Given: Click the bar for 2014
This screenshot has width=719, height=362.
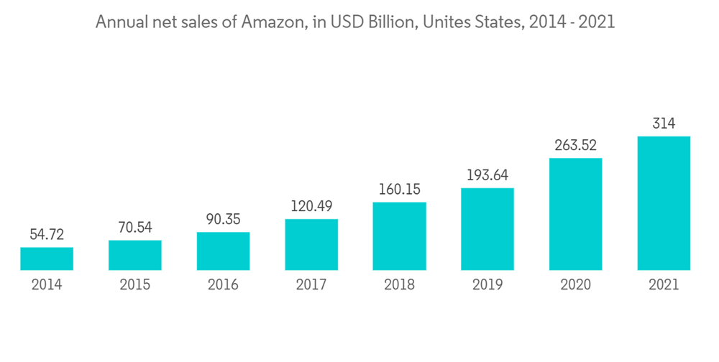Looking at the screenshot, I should tap(47, 259).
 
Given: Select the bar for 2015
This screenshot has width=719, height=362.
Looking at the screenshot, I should tap(135, 255).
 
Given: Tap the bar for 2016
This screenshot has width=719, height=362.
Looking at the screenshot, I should tap(223, 251).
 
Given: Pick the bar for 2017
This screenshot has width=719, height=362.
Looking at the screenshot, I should tap(311, 244).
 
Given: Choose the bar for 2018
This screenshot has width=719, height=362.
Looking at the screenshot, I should tap(399, 236).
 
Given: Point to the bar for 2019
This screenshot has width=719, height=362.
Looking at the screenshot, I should tap(487, 229).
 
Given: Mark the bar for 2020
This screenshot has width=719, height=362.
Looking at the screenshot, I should tap(575, 214).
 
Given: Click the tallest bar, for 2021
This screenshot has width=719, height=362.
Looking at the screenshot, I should tap(664, 203).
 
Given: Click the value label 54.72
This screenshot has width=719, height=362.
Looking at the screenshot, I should tap(47, 235).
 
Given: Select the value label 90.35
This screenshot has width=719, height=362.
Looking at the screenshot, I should tap(223, 219).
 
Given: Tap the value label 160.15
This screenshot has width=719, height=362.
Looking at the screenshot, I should tap(399, 190).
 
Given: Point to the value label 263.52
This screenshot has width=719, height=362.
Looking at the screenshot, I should tap(575, 145).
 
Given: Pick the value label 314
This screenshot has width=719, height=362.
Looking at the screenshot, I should tap(664, 124).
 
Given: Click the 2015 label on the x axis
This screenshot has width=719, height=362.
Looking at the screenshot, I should tap(135, 285).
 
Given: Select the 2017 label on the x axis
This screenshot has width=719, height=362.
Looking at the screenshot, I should tap(311, 285).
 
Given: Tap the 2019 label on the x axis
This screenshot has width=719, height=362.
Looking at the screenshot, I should tap(487, 285).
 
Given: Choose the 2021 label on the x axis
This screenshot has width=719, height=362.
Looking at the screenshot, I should tap(664, 285).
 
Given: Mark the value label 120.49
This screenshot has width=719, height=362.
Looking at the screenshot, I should tap(311, 206).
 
